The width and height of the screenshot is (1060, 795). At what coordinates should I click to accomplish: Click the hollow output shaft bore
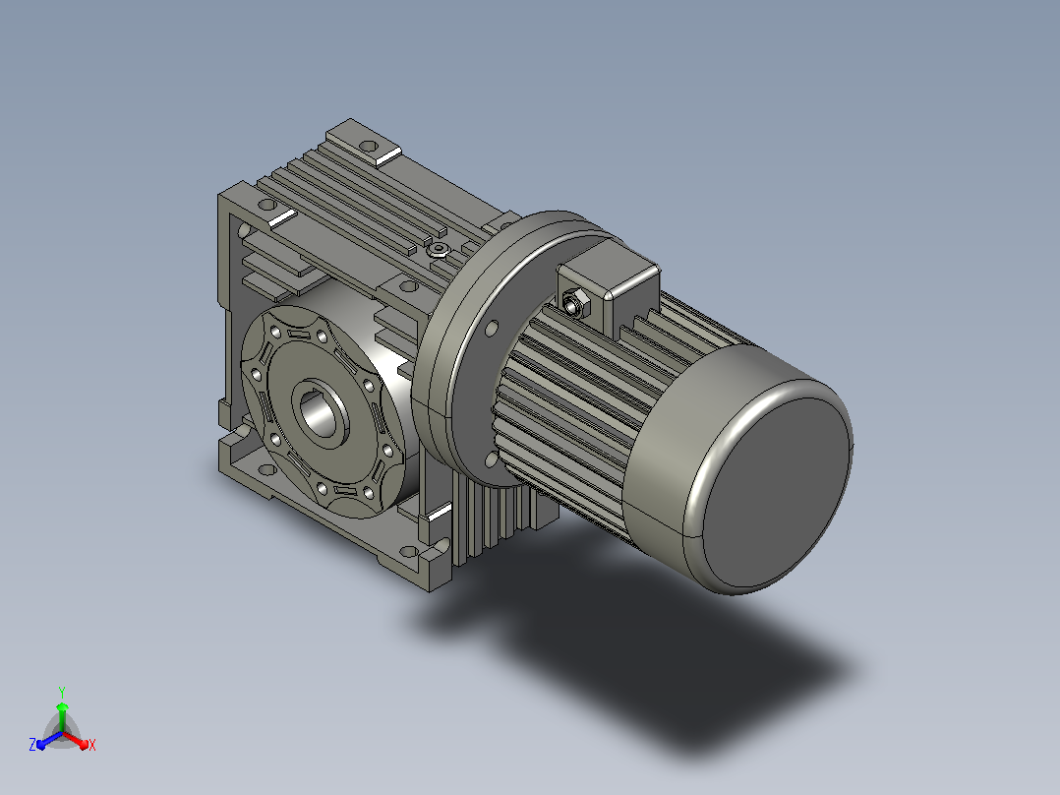[319, 412]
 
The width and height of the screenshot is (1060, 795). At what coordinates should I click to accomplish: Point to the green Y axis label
[62, 692]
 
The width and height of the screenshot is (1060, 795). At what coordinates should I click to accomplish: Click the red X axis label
[92, 745]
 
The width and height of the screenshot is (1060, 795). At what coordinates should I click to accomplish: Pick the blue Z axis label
[32, 744]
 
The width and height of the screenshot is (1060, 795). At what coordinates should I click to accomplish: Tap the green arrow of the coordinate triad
[62, 716]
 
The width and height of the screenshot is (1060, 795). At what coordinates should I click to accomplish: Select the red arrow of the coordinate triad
[75, 740]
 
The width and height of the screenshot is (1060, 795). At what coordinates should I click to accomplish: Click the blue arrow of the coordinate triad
[49, 740]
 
